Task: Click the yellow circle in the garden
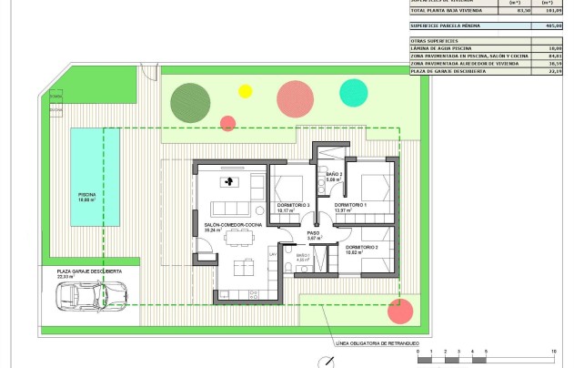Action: [x=245, y=91]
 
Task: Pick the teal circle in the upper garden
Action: [x=353, y=91]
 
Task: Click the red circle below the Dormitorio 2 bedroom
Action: [x=399, y=311]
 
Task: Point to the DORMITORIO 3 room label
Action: [x=294, y=206]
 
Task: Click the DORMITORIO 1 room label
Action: [x=350, y=206]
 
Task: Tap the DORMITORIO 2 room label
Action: [x=362, y=247]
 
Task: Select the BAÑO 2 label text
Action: [x=334, y=173]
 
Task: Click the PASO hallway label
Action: [x=313, y=233]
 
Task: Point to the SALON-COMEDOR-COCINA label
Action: [x=221, y=225]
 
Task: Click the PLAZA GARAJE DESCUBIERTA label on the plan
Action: [x=89, y=271]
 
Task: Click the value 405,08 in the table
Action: [x=546, y=27]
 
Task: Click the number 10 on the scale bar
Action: [x=554, y=351]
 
